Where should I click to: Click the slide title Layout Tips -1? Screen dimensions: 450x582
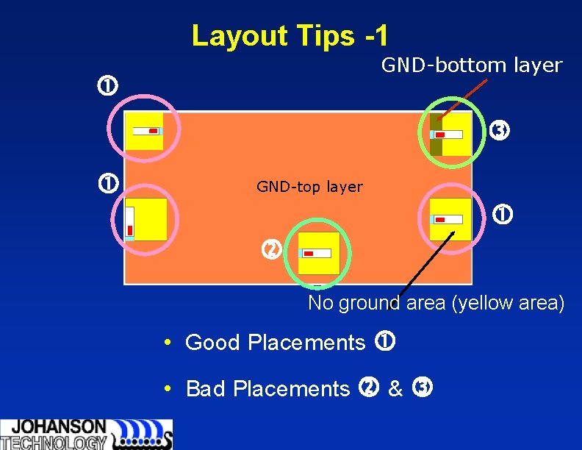290,35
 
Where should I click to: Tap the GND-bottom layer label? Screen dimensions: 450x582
471,65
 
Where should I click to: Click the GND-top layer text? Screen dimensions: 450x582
309,187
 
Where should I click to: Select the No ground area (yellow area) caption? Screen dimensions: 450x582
436,303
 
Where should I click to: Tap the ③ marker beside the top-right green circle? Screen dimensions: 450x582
500,132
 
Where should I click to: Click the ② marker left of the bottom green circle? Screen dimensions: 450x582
271,250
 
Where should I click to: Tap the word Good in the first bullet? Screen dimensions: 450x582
214,343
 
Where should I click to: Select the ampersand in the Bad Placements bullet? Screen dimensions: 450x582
395,388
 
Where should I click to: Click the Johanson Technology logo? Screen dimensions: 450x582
86,434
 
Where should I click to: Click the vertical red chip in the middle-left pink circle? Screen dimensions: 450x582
129,229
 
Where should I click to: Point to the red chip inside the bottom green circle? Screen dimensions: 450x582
309,254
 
